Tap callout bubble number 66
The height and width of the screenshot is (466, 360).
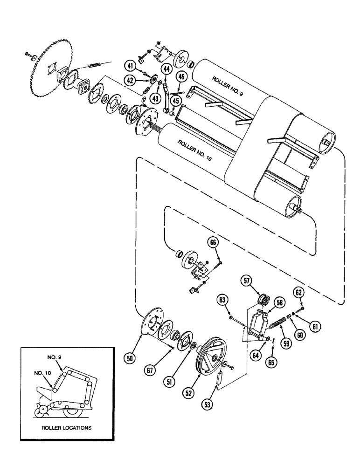[x=213, y=242]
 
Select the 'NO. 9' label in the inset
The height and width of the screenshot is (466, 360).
[x=55, y=356]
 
